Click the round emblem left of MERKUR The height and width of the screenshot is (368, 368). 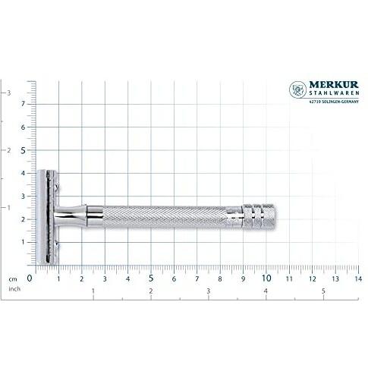pos(297,90)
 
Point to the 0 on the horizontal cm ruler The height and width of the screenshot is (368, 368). pos(30,278)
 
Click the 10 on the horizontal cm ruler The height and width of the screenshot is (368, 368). pos(266,278)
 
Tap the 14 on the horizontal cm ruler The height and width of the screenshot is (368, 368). pos(357,278)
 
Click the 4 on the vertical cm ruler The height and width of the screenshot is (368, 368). pos(24,173)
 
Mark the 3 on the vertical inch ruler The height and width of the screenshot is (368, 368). pos(8,93)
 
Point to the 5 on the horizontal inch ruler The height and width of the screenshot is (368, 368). pos(323,291)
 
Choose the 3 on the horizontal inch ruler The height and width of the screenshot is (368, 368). pos(208,291)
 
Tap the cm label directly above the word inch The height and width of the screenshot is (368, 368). pos(13,279)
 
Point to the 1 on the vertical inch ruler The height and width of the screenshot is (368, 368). pos(8,207)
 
